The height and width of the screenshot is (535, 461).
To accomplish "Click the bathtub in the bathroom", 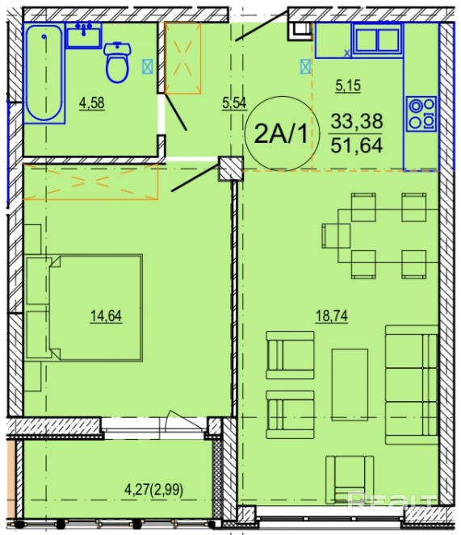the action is coord(44,73).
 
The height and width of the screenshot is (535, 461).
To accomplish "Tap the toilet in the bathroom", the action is coord(117,62).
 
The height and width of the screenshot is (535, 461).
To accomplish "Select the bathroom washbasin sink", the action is coord(84,36).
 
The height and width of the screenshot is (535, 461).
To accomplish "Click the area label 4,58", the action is coord(92,103).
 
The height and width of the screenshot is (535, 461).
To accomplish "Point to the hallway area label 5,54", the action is coord(234,102).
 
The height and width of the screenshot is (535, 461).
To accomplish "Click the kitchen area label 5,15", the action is coord(348,86).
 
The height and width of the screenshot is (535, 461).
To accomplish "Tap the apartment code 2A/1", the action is coord(282,134).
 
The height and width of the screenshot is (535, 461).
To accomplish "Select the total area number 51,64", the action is coord(357,145).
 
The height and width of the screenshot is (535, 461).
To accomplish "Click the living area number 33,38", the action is coord(357,121).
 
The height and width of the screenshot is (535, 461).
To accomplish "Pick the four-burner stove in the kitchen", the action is coord(421,114).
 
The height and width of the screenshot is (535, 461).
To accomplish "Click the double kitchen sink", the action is coord(377,39).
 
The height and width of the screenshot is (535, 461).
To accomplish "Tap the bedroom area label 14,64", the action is coord(106,316).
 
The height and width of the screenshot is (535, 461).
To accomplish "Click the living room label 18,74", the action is coord(332,316).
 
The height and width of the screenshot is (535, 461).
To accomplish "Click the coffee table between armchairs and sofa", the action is coord(350,385).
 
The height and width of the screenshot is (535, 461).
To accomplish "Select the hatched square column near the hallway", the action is coord(231,169).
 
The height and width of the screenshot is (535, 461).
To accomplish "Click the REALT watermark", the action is coord(392,501).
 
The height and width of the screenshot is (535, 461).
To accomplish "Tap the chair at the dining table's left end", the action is coord(336,236).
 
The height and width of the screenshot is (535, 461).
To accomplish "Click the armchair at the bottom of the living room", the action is coord(350,480).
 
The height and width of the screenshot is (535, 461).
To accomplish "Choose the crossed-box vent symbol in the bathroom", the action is coord(147,67).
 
